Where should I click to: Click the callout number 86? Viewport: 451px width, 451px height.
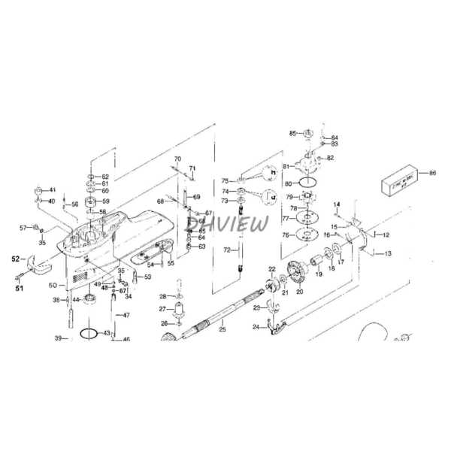point(431,174)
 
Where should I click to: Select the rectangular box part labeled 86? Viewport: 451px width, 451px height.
point(400,185)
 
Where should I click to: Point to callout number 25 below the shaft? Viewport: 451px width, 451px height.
point(222,329)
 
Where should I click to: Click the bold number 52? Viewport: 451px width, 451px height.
point(15,259)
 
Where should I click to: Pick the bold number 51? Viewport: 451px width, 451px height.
point(20,286)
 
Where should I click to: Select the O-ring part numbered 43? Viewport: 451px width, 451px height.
point(89,332)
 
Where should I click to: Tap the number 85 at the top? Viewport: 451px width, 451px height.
point(293,133)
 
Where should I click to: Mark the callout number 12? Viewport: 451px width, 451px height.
point(386,235)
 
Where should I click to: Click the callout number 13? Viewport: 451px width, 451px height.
point(388,254)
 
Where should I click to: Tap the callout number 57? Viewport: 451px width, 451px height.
point(23,227)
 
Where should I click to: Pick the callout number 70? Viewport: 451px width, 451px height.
point(177,159)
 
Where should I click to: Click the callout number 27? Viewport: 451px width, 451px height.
point(162,309)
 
